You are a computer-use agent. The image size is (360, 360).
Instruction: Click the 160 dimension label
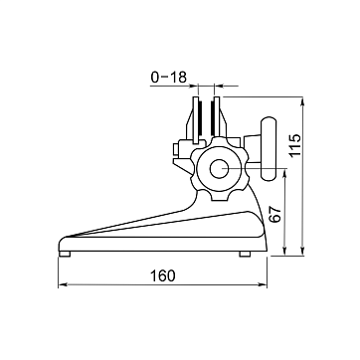tap(162, 275)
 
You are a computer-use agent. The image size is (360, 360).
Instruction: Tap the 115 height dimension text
tap(294, 145)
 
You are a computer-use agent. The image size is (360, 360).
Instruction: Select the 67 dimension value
tap(275, 215)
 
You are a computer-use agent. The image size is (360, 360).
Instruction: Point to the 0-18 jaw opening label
tap(169, 78)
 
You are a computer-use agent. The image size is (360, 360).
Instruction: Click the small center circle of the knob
tap(219, 168)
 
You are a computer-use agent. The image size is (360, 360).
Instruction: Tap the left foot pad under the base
tap(65, 254)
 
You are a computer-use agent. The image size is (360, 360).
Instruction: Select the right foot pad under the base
tap(245, 254)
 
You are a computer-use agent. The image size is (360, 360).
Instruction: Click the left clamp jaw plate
tap(196, 120)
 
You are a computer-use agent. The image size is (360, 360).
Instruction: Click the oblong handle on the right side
tap(269, 148)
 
